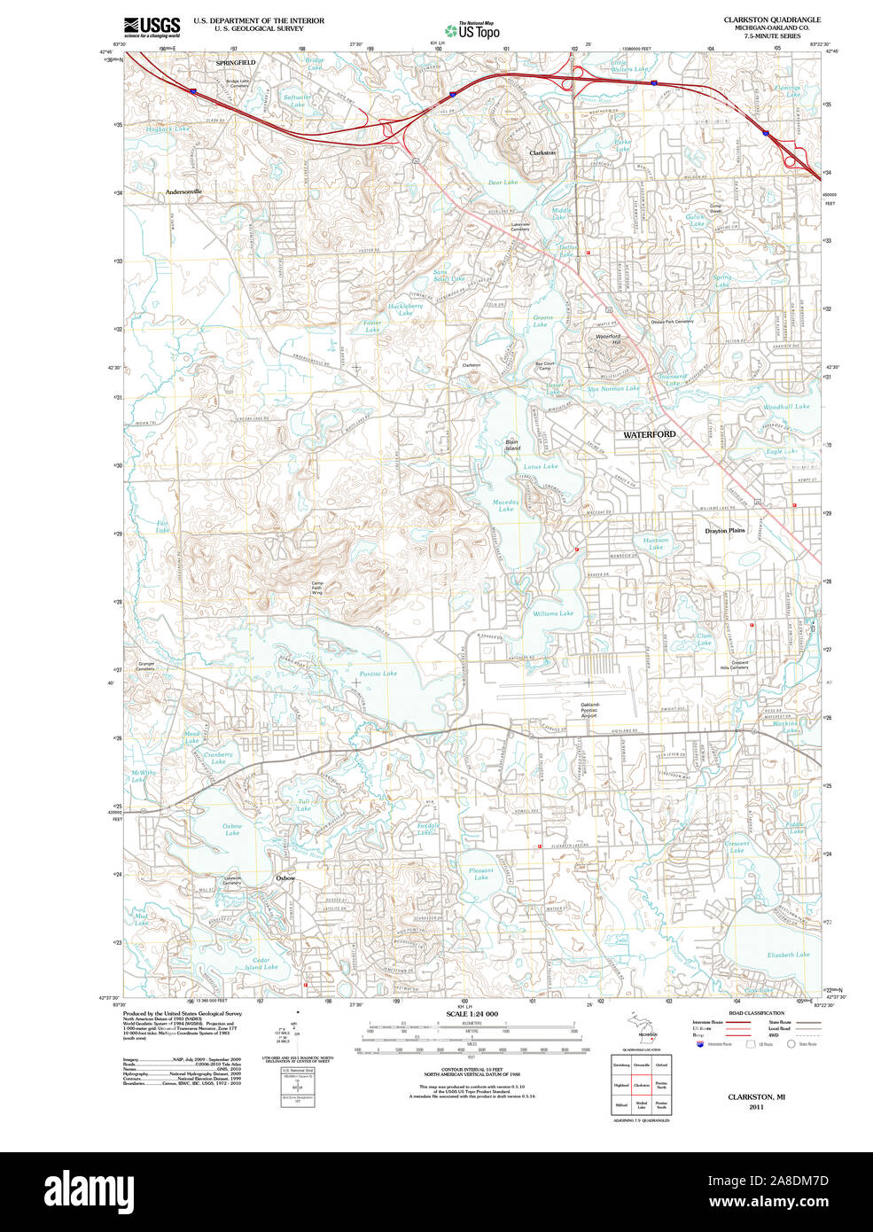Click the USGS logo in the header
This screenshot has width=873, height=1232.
(x=152, y=27)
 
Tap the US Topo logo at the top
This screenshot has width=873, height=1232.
(x=472, y=31)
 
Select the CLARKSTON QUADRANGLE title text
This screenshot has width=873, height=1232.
(x=771, y=19)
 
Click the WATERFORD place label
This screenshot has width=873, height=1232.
(x=649, y=435)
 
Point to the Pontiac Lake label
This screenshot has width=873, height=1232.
(x=378, y=674)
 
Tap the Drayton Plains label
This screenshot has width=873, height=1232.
(x=724, y=531)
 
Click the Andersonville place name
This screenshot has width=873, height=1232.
(x=183, y=191)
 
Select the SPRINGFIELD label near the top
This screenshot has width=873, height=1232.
(x=236, y=63)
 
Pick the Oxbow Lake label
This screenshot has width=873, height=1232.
(x=232, y=830)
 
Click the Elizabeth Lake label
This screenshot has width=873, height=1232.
(x=788, y=955)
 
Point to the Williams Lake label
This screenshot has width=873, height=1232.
(x=552, y=613)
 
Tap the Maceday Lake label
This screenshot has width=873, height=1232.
(x=505, y=505)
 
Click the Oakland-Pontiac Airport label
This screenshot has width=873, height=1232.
(x=589, y=709)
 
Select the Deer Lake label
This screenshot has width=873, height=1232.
(x=503, y=183)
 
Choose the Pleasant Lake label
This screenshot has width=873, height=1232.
(x=480, y=874)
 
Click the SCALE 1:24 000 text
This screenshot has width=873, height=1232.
(x=472, y=1014)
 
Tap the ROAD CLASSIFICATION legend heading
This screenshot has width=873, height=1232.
(x=756, y=1013)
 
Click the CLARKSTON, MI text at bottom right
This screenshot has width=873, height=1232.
(x=756, y=1096)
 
